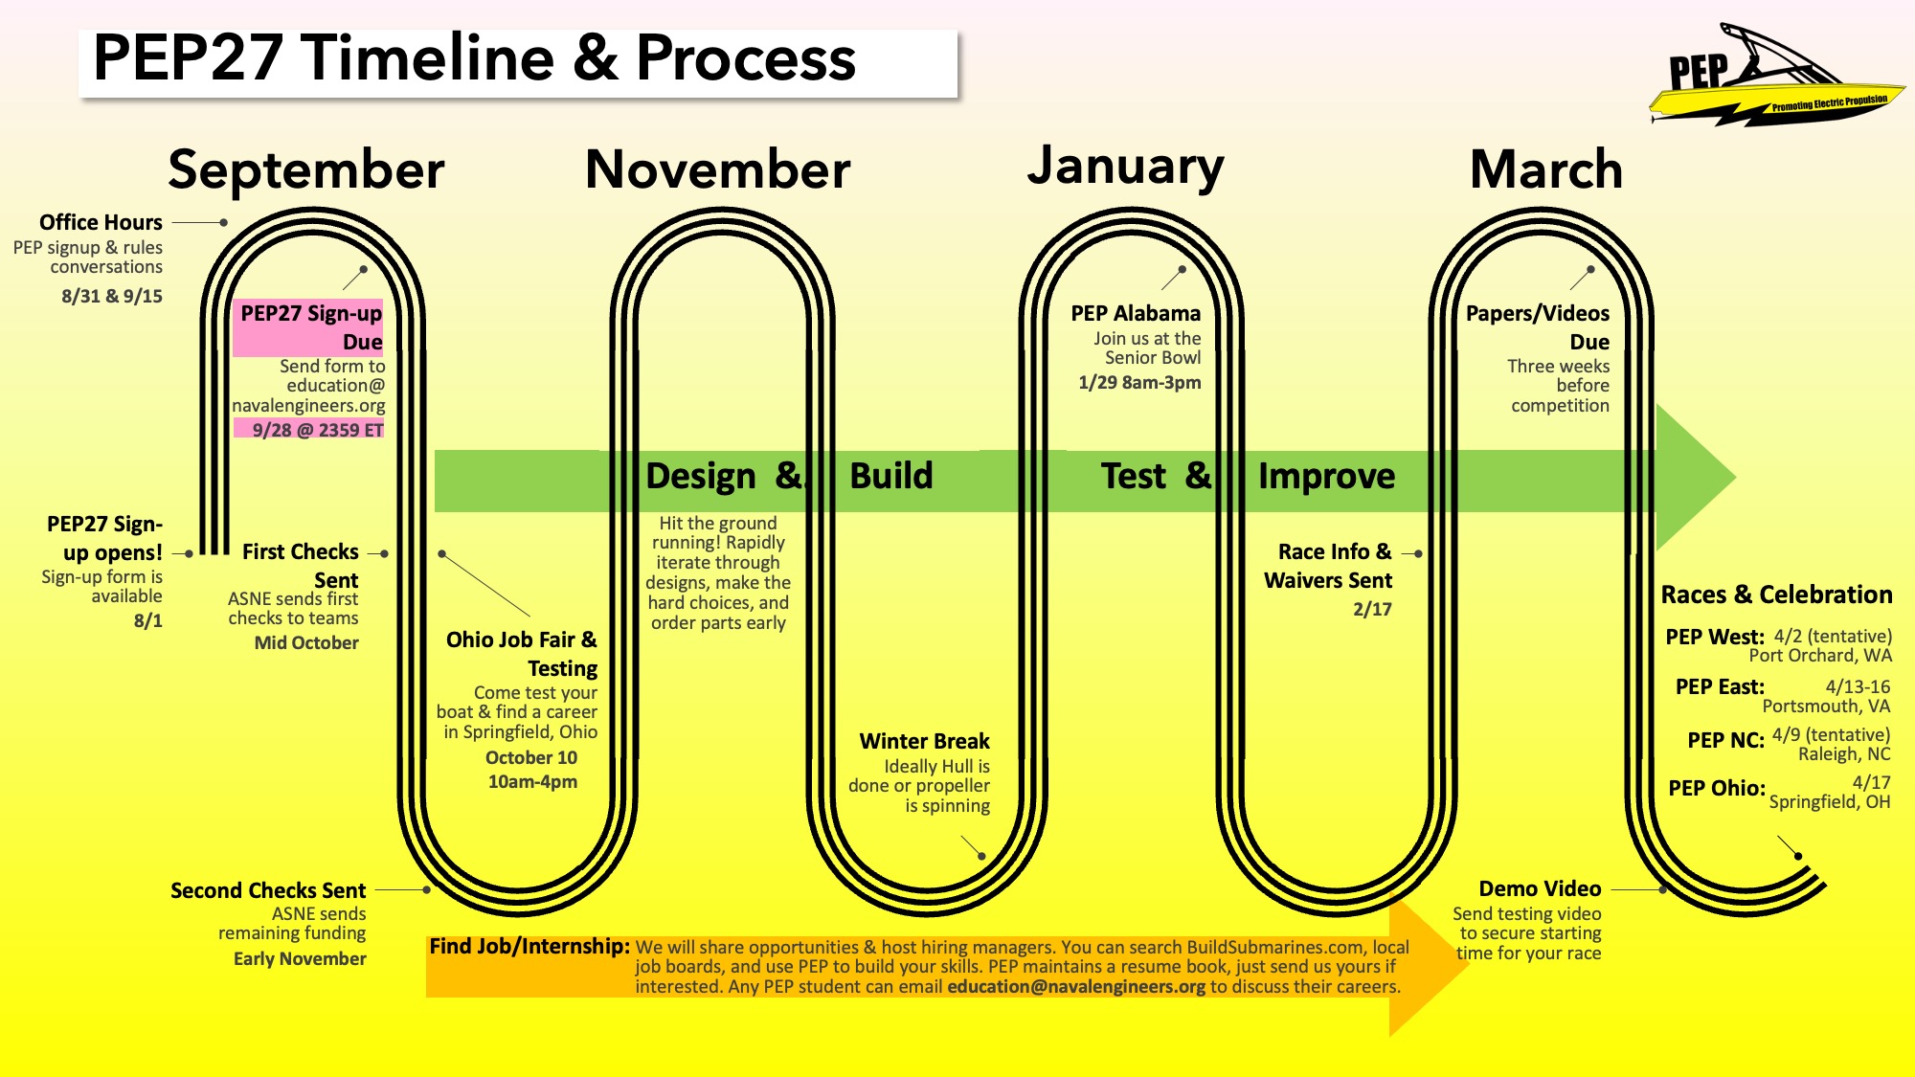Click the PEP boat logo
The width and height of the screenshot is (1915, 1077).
[x=1777, y=76]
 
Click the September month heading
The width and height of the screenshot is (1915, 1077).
[x=306, y=170]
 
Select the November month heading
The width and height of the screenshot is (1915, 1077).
[x=718, y=170]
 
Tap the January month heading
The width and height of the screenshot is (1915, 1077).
[x=1126, y=167]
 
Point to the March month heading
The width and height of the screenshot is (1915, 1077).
[x=1546, y=170]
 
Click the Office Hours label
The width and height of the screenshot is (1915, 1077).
[x=101, y=222]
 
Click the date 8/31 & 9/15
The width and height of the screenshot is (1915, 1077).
[x=112, y=296]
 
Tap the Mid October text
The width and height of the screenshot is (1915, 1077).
[x=306, y=642]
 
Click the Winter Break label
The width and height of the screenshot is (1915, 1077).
[x=924, y=741]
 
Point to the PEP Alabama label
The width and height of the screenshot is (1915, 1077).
[x=1136, y=313]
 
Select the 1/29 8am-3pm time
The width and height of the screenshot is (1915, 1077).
[x=1139, y=382]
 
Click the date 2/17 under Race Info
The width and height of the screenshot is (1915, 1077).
[x=1372, y=609]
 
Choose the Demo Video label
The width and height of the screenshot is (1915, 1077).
[x=1540, y=888]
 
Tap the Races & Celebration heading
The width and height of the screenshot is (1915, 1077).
[x=1776, y=595]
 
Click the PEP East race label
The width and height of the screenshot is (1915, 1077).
[x=1720, y=686]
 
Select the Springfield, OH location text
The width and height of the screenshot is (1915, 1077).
[x=1830, y=802]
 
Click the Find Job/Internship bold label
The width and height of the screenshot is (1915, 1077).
[x=529, y=947]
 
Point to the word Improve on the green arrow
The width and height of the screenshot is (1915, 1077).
[x=1326, y=476]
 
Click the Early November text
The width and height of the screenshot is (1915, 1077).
[x=300, y=958]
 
